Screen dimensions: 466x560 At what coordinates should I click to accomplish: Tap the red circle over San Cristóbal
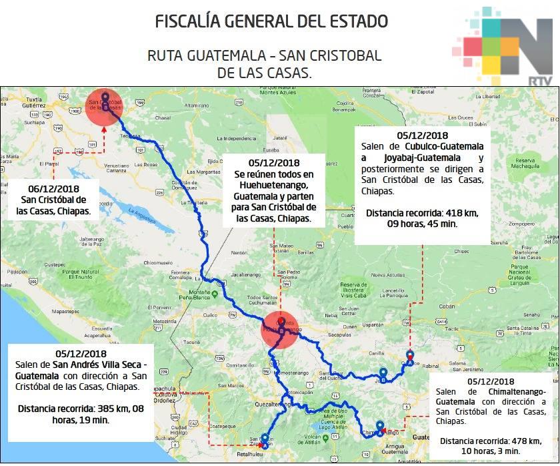tap(105, 107)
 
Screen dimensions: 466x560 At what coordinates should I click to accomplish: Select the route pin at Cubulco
tap(410, 359)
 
